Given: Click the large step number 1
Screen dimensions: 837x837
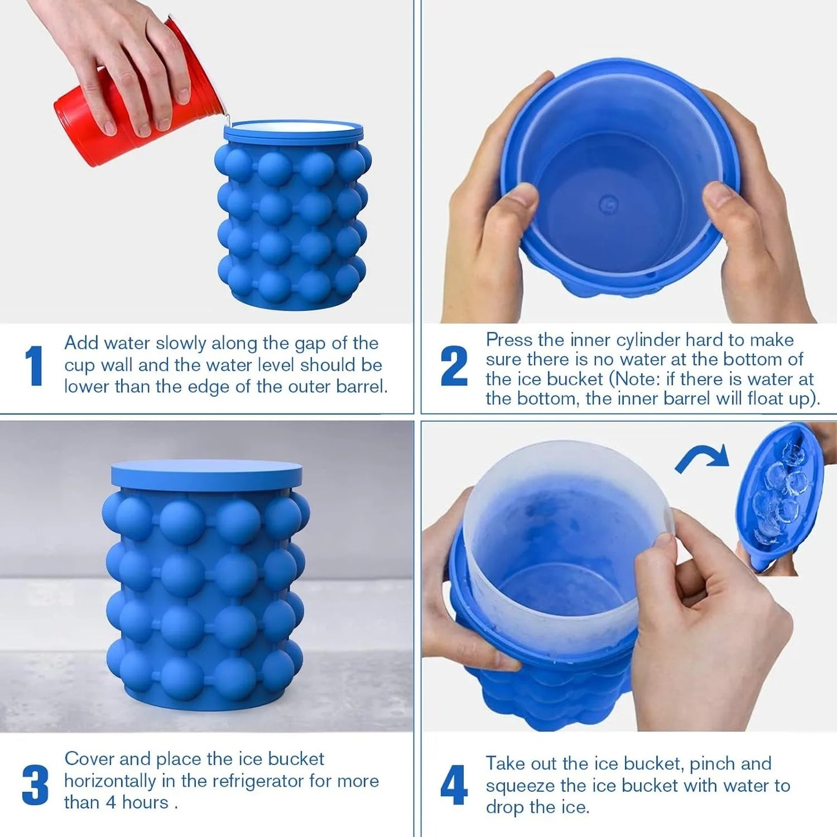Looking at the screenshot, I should click(34, 365).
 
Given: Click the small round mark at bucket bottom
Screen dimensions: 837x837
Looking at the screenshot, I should click(608, 204).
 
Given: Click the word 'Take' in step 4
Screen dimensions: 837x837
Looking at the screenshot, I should click(506, 763).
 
